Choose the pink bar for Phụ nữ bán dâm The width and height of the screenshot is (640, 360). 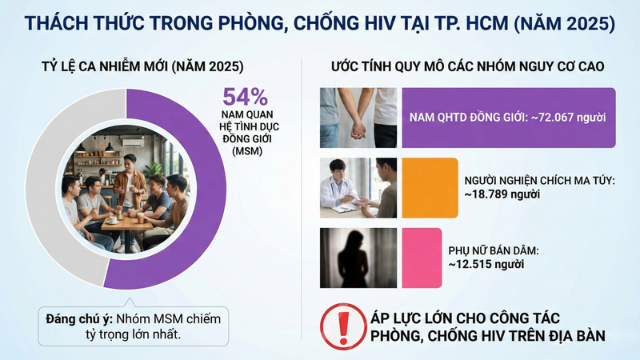click(x=421, y=255)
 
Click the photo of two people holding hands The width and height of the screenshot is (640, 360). click(x=358, y=118)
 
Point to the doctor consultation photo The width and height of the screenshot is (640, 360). click(x=358, y=187)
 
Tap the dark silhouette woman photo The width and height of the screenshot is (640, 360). click(x=358, y=255)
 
